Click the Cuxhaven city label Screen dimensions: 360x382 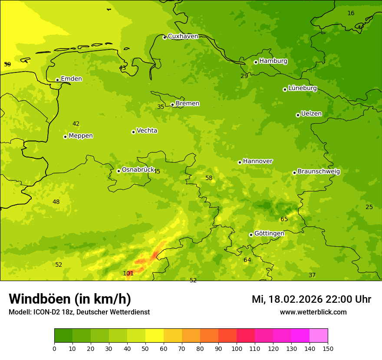click(183, 36)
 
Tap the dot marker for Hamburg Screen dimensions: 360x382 click(256, 62)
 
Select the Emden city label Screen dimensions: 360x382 click(71, 79)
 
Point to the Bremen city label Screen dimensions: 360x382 click(188, 104)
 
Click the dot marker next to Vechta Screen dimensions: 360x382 click(133, 132)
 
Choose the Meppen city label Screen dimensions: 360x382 click(81, 136)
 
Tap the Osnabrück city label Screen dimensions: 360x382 click(138, 170)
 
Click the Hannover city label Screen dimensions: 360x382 click(258, 161)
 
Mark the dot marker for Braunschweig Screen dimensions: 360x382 click(294, 173)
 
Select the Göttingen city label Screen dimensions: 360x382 click(269, 234)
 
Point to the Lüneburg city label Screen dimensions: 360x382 click(303, 88)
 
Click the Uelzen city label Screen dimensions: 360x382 click(311, 114)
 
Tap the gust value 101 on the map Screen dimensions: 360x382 click(128, 273)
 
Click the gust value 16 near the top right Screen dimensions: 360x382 click(351, 13)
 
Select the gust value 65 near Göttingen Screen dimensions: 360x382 click(284, 219)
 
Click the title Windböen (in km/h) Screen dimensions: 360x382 click(70, 299)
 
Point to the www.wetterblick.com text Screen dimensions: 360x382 click(313, 312)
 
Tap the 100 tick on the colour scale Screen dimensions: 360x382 click(237, 348)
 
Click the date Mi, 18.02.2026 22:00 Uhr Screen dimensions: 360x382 click(311, 299)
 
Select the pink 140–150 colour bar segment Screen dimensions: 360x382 click(319, 336)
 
